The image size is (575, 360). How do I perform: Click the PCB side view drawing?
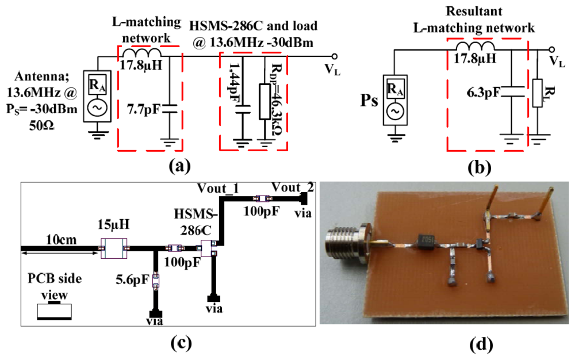[x=55, y=310]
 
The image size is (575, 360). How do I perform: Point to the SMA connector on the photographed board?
[x=345, y=240]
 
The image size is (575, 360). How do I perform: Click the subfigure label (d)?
[x=481, y=343]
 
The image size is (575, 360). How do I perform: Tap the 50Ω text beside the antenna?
[x=44, y=124]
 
